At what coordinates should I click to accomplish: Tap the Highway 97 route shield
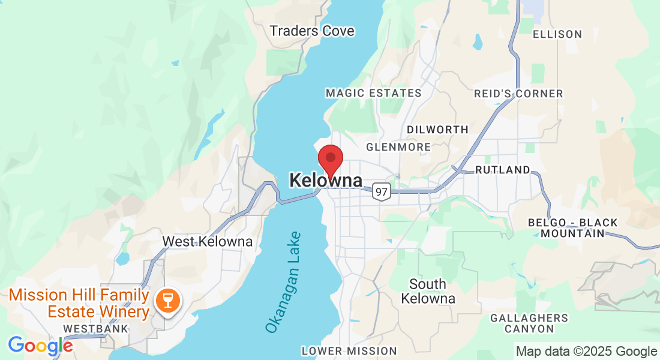pyautogui.click(x=380, y=191)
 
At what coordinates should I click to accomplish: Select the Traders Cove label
pyautogui.click(x=312, y=31)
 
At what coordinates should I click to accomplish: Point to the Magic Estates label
pyautogui.click(x=373, y=93)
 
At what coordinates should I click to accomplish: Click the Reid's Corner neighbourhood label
pyautogui.click(x=518, y=94)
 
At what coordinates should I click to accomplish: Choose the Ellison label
pyautogui.click(x=557, y=34)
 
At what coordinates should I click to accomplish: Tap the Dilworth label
pyautogui.click(x=437, y=130)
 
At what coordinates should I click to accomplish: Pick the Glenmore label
pyautogui.click(x=398, y=147)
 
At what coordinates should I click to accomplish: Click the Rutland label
pyautogui.click(x=503, y=170)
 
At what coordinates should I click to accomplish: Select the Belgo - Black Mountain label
pyautogui.click(x=572, y=228)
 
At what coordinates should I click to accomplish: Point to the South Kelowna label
pyautogui.click(x=428, y=291)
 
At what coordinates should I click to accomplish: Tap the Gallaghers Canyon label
pyautogui.click(x=529, y=323)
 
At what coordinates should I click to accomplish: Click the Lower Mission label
pyautogui.click(x=349, y=351)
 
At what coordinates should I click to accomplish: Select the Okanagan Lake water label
pyautogui.click(x=283, y=282)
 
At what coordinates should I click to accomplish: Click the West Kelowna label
pyautogui.click(x=208, y=242)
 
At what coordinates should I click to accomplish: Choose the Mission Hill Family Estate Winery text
pyautogui.click(x=79, y=304)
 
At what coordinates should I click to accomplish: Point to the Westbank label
pyautogui.click(x=96, y=329)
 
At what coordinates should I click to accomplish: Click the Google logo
pyautogui.click(x=40, y=346)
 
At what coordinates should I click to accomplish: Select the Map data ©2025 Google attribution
pyautogui.click(x=586, y=352)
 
